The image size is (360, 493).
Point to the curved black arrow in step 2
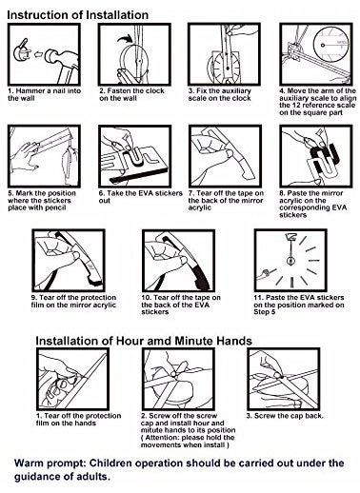click(125, 39)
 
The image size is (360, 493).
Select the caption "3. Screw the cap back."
click(285, 416)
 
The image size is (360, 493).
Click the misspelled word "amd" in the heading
click(158, 341)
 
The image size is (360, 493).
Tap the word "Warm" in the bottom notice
click(30, 463)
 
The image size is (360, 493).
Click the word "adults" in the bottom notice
click(93, 477)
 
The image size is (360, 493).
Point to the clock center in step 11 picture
click(290, 261)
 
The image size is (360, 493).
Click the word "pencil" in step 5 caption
click(56, 208)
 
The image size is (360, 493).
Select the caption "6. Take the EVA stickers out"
click(140, 197)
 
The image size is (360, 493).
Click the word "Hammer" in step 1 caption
click(29, 91)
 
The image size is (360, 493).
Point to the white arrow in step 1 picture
click(38, 54)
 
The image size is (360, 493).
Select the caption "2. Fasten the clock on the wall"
click(131, 94)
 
